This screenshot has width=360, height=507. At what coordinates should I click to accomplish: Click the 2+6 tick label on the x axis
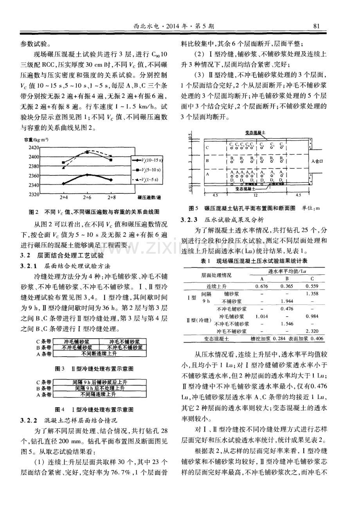pyautogui.click(x=87, y=198)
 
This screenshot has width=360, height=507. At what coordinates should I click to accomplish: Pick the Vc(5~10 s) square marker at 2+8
pyautogui.click(x=111, y=160)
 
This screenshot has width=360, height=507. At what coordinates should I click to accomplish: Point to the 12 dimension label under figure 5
pyautogui.click(x=255, y=195)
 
